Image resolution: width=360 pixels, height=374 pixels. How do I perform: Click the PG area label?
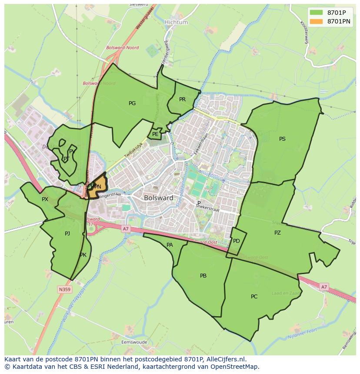(x=132, y=103)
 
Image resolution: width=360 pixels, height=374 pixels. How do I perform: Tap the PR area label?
(x=182, y=99)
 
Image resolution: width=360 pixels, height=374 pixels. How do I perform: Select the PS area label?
(x=282, y=139)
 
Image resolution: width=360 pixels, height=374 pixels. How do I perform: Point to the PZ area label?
(x=277, y=233)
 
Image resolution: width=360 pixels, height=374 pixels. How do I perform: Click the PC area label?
(x=254, y=297)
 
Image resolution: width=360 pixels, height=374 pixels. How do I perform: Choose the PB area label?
(x=203, y=276)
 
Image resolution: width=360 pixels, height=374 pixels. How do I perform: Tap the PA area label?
(x=170, y=245)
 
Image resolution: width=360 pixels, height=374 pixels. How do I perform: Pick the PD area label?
(x=236, y=241)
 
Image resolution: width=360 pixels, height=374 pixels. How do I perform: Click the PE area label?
(x=155, y=134)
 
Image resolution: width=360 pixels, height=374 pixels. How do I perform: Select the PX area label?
(x=45, y=199)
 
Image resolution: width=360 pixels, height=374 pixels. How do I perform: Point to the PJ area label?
(x=67, y=234)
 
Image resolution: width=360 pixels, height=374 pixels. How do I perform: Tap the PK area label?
(x=83, y=255)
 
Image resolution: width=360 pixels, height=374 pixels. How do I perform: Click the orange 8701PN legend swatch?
(x=317, y=21)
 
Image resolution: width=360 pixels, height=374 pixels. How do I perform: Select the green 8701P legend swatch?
(x=317, y=12)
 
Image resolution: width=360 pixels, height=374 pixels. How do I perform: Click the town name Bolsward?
(x=156, y=198)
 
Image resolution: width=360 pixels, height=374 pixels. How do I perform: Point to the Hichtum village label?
(x=176, y=22)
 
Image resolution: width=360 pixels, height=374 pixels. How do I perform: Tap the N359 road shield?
(x=65, y=289)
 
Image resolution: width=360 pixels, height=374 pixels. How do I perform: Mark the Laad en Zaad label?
(x=286, y=294)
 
